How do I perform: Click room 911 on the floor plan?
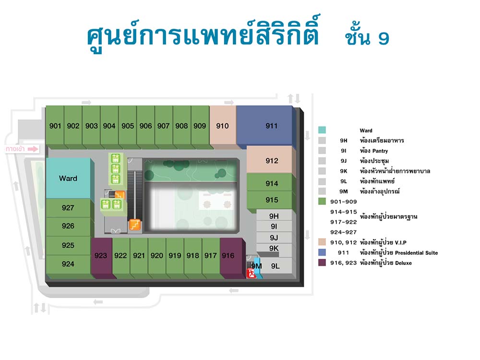(264, 125)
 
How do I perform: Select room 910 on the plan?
(223, 125)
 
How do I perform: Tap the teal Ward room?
(68, 178)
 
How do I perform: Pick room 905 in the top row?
(127, 125)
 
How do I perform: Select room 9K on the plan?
(274, 248)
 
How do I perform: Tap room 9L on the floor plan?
(276, 266)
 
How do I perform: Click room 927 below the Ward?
(68, 208)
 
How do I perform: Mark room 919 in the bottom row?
(175, 256)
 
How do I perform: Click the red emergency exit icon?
(251, 273)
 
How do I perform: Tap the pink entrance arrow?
(33, 149)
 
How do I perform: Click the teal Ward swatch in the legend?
(322, 130)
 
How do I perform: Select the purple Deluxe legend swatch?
(322, 263)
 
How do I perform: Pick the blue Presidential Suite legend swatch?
(322, 252)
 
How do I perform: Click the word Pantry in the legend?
(380, 151)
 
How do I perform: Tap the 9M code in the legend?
(344, 192)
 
